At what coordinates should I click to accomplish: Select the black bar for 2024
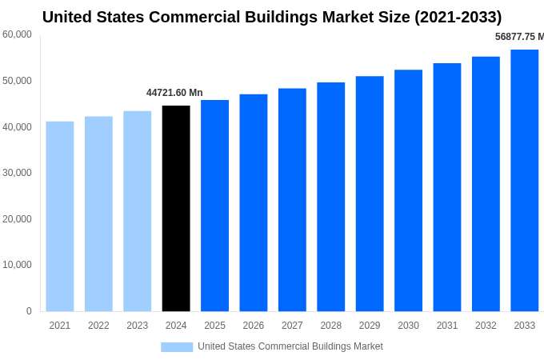point(176,208)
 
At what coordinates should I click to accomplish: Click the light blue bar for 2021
point(60,216)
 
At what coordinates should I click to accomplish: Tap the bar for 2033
point(525,180)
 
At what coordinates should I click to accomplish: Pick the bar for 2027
point(292,199)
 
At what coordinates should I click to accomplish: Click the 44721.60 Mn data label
point(174,93)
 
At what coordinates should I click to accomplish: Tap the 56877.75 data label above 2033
point(519,37)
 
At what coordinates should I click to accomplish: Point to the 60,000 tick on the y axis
point(17,34)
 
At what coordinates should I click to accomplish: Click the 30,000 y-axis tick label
point(17,173)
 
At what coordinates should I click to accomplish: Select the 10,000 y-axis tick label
point(17,265)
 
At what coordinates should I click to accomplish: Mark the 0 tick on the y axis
point(29,311)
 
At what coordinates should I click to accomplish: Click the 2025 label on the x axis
point(214,326)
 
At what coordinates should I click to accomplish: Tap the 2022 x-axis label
point(98,326)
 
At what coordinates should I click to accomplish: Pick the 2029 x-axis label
point(370,326)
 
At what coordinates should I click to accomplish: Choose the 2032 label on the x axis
point(486,326)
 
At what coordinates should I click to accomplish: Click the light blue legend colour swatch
point(177,346)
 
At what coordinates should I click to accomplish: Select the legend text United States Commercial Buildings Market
point(290,346)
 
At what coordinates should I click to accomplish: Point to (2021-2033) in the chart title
point(458,17)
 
